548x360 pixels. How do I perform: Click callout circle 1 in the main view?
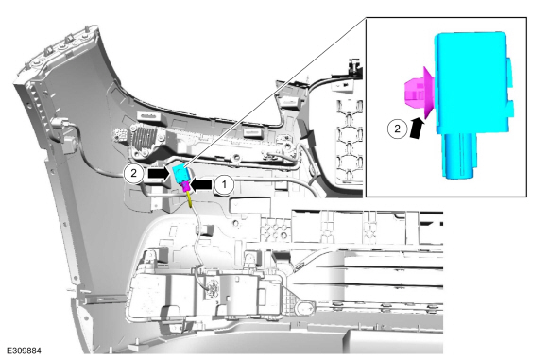click(x=224, y=184)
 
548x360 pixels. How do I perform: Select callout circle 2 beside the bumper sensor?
click(x=133, y=173)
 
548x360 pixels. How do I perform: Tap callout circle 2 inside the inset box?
click(x=397, y=129)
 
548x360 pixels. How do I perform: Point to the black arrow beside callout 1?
click(x=201, y=184)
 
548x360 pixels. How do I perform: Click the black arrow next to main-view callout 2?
click(x=159, y=173)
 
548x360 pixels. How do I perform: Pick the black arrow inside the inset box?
click(x=417, y=128)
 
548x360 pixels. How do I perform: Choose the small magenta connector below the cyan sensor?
click(x=185, y=188)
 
